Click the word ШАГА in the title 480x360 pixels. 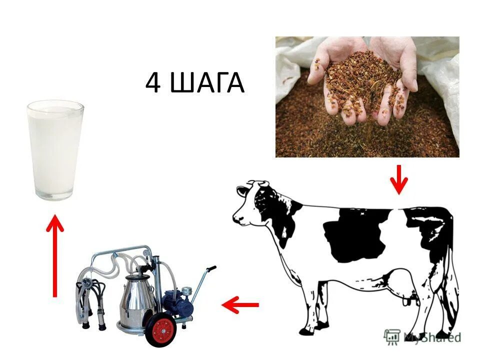pos(207,83)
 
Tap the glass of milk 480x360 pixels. pos(55,150)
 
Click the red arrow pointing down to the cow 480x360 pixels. pos(398,180)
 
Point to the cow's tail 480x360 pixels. pos(452,280)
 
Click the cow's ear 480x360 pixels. pos(243,190)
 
